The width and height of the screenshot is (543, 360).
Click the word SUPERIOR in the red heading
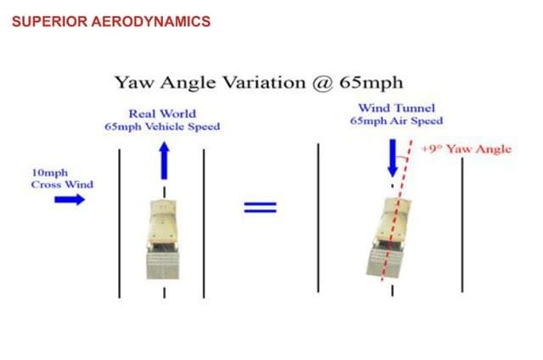(x=49, y=21)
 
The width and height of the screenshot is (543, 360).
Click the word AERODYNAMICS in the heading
(x=151, y=21)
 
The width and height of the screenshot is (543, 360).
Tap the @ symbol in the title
(x=322, y=83)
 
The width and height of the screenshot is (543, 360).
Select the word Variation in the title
(x=264, y=82)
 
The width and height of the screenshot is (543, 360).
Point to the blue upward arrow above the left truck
(x=164, y=160)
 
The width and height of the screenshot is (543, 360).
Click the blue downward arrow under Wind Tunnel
(x=392, y=158)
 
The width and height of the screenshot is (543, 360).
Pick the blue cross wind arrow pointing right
(x=70, y=200)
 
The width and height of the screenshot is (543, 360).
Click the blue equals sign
(x=260, y=207)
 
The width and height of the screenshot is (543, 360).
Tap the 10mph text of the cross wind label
(x=49, y=172)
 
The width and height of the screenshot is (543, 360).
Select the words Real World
(x=162, y=114)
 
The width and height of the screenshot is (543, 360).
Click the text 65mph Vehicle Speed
(x=162, y=127)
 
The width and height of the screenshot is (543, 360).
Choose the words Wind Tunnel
(x=396, y=108)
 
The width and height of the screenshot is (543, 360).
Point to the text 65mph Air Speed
(x=396, y=121)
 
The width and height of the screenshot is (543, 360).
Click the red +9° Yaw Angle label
(x=467, y=149)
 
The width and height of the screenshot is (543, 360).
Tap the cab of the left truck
(x=164, y=222)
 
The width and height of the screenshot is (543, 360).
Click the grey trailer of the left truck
(x=163, y=265)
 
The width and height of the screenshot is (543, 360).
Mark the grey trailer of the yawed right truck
(x=385, y=262)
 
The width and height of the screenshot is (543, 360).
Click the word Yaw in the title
(x=134, y=83)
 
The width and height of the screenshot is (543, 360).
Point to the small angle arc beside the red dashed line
(x=401, y=158)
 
